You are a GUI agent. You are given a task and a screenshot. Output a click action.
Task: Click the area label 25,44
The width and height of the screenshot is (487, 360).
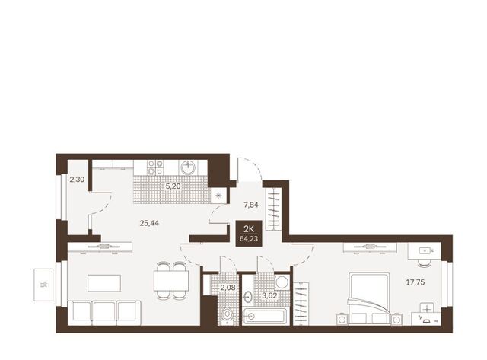tap(149, 223)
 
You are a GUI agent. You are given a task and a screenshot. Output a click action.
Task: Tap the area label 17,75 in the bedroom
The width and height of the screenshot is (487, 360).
tap(415, 282)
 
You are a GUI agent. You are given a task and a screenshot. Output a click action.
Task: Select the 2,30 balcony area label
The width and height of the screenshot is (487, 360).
tap(77, 179)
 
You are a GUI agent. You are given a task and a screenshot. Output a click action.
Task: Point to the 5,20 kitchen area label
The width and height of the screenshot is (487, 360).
tap(173, 186)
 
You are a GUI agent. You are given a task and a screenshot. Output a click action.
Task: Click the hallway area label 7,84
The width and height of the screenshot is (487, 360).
tap(250, 205)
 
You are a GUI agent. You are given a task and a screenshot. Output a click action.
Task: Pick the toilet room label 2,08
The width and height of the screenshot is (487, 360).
tap(228, 288)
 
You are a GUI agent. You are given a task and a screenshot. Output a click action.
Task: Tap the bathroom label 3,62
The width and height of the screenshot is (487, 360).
tap(269, 295)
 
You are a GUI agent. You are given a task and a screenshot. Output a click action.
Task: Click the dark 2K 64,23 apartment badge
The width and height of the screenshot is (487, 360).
tap(249, 233)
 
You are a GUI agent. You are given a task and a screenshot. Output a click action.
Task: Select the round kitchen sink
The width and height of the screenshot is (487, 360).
tap(188, 167)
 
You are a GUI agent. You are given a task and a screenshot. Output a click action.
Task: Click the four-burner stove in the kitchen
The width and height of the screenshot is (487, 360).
tap(155, 167)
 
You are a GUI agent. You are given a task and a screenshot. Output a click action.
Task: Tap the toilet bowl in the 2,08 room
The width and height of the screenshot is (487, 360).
tap(228, 315)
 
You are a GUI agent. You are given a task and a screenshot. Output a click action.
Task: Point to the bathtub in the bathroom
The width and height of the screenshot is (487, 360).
tap(266, 317)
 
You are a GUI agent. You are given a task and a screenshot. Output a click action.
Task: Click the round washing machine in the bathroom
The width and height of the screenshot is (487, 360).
tap(282, 282)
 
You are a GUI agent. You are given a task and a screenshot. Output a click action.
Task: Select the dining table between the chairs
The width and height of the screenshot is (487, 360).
tap(171, 281)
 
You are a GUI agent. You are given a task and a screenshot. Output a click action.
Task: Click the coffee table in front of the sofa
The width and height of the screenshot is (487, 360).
tap(104, 283)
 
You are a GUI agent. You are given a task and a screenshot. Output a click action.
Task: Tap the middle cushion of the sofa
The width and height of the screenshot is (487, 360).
tap(104, 313)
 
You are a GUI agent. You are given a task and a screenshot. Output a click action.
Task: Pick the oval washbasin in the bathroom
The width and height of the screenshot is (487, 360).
tap(247, 297)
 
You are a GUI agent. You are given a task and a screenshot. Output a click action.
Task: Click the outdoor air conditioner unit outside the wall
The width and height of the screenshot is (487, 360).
tap(43, 285)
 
